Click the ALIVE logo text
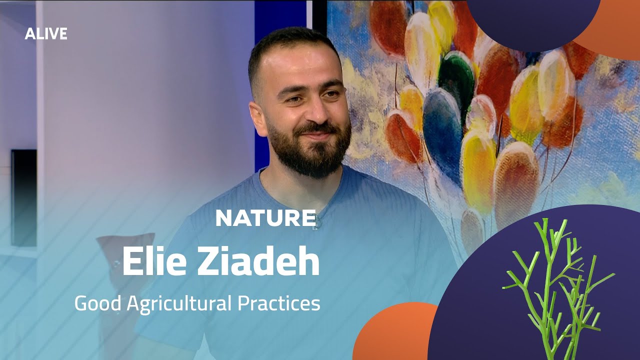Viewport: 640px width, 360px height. pyautogui.click(x=46, y=33)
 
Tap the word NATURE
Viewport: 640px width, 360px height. pyautogui.click(x=265, y=218)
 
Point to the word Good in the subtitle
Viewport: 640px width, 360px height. pyautogui.click(x=98, y=303)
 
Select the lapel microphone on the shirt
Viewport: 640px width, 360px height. pyautogui.click(x=316, y=223)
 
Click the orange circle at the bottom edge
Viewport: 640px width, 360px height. pyautogui.click(x=395, y=335)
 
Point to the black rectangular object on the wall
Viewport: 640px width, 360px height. pyautogui.click(x=24, y=197)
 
